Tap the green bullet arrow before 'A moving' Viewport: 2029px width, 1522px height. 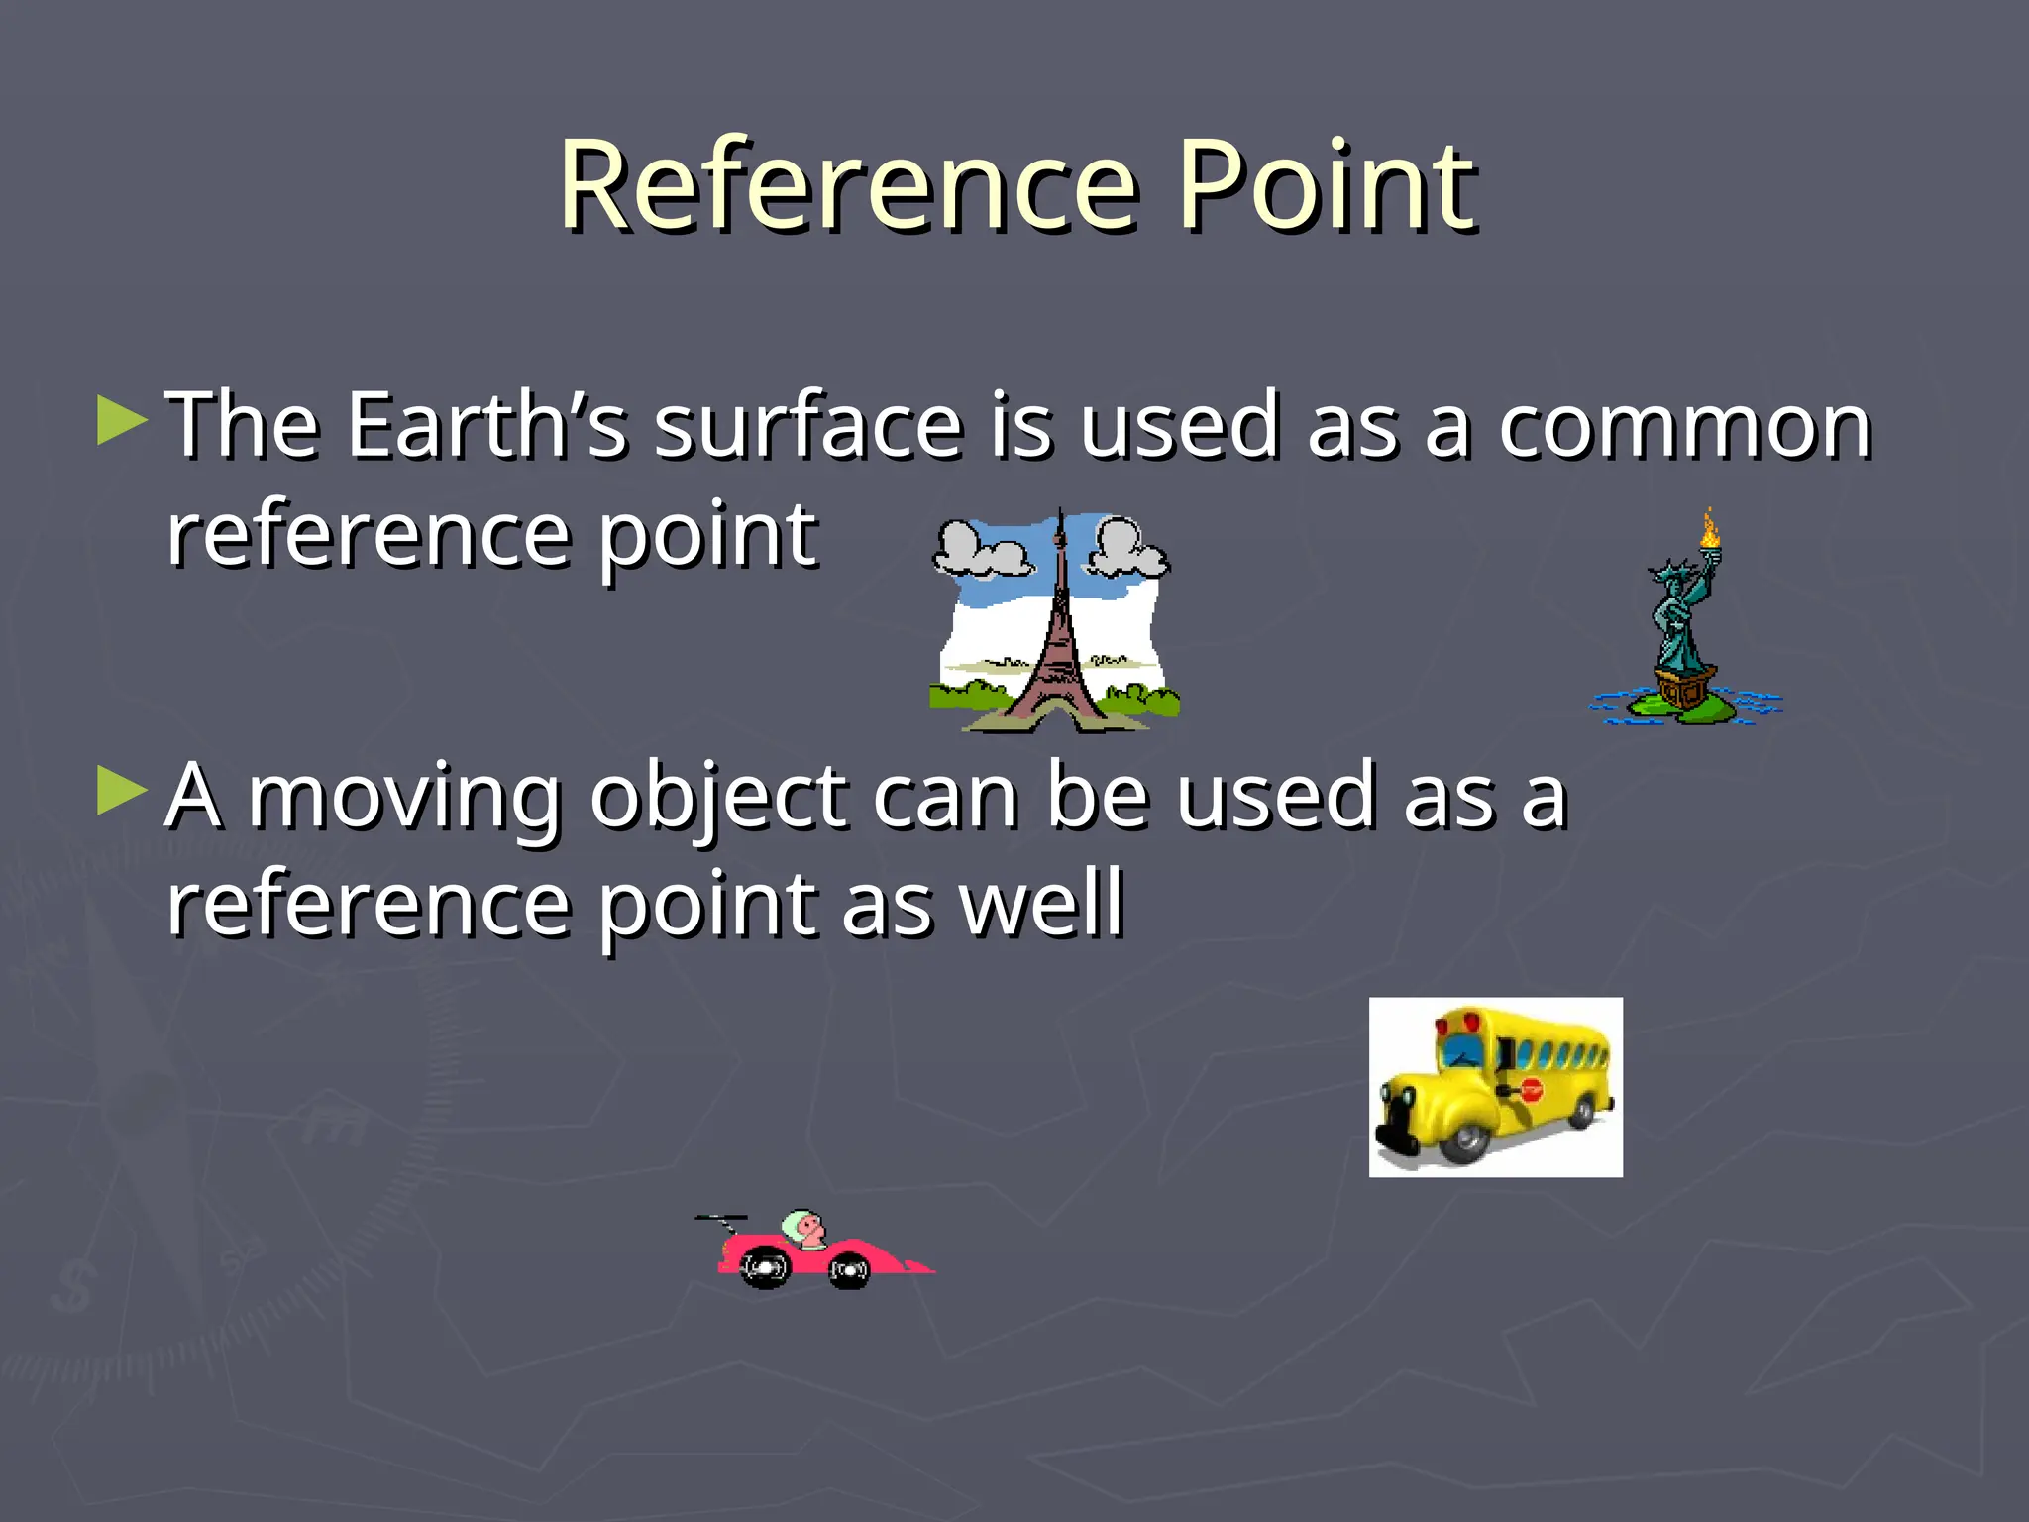pos(121,792)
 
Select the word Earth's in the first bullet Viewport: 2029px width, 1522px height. pos(486,425)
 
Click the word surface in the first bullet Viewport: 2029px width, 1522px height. pos(808,425)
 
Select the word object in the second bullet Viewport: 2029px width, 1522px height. pos(718,799)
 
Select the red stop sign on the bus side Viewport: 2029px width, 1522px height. pos(1532,1090)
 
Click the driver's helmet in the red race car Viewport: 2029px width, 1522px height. pos(798,1226)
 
